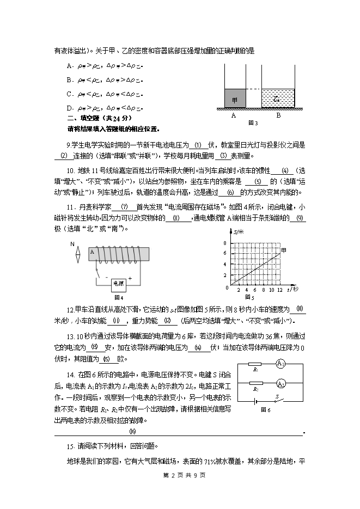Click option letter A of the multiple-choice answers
pos(69,66)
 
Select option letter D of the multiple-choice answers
pos(69,108)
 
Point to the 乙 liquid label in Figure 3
pos(277,99)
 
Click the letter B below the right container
pos(278,115)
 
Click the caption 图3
pos(253,123)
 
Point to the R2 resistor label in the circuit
pos(255,390)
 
